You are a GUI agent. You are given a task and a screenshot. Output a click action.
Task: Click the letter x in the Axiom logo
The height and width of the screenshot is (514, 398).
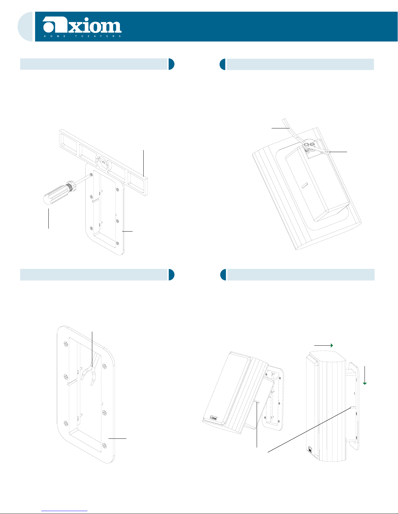[74, 27]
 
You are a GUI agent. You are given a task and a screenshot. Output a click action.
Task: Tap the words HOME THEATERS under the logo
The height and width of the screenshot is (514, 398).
[83, 36]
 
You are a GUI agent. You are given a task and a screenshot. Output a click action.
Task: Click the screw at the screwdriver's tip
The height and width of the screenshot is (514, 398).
[91, 175]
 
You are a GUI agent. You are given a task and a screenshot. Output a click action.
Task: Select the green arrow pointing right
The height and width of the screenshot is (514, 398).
[324, 346]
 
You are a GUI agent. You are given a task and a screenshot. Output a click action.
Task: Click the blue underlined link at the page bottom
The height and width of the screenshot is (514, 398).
[64, 511]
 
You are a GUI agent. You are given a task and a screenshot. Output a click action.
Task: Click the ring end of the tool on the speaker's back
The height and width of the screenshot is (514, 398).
[327, 152]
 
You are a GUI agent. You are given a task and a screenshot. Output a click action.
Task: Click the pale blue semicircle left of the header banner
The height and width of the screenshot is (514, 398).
[25, 27]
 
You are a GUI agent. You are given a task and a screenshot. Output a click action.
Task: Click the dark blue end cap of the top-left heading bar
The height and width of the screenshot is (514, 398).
[171, 64]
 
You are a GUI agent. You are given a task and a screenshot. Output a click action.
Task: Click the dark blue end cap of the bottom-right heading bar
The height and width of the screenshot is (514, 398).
[223, 275]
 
